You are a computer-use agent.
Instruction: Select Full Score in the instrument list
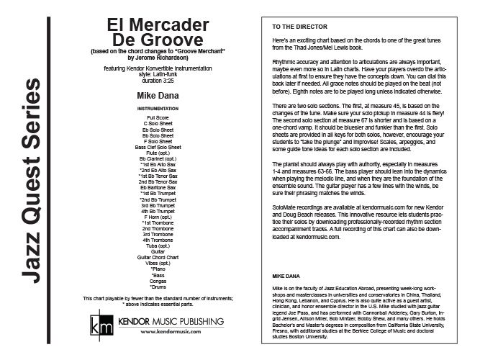click(160, 117)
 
